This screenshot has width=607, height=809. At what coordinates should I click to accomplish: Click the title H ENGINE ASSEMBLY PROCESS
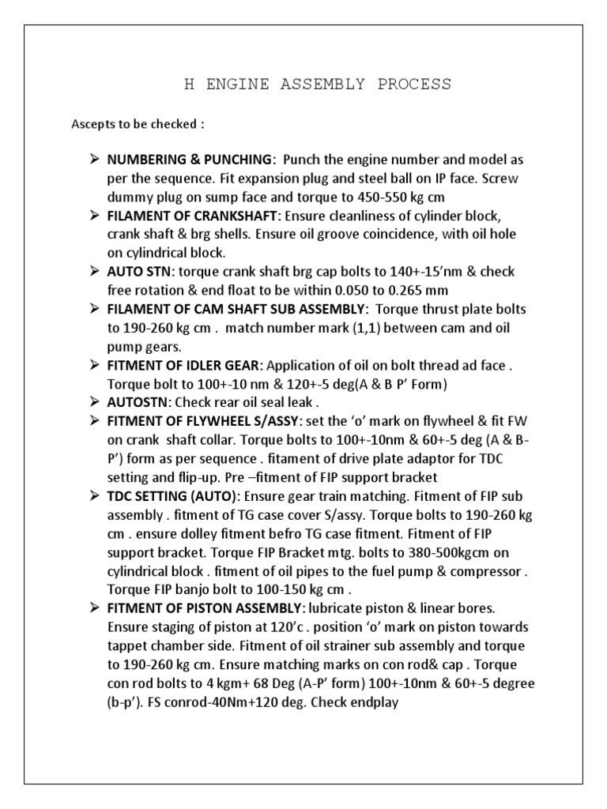tap(318, 85)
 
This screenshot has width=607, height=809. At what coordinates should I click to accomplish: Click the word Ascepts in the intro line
tap(92, 125)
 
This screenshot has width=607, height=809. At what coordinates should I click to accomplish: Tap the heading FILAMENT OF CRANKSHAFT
tap(192, 216)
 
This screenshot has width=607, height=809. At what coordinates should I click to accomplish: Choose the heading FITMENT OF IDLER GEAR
tap(186, 365)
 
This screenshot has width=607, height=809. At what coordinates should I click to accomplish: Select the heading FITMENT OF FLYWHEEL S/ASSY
tap(207, 421)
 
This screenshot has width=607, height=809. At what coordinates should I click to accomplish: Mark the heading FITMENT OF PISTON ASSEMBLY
tap(202, 608)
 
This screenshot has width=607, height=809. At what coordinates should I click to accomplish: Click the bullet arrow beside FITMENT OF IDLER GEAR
tap(92, 365)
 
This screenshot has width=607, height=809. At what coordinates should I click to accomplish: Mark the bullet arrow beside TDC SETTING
tap(92, 496)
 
